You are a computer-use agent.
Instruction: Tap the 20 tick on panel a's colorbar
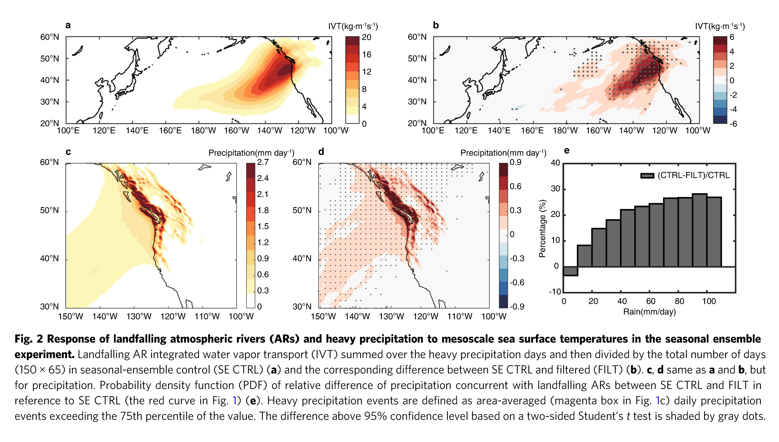pyautogui.click(x=367, y=37)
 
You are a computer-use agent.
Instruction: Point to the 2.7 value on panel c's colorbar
pyautogui.click(x=263, y=162)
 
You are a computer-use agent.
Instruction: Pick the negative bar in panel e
pyautogui.click(x=570, y=271)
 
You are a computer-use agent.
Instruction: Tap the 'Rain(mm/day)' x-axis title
pyautogui.click(x=649, y=312)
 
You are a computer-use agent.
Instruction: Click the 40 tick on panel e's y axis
pyautogui.click(x=555, y=163)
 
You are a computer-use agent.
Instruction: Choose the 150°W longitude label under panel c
pyautogui.click(x=70, y=317)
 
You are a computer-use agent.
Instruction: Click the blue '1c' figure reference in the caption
pyautogui.click(x=661, y=401)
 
